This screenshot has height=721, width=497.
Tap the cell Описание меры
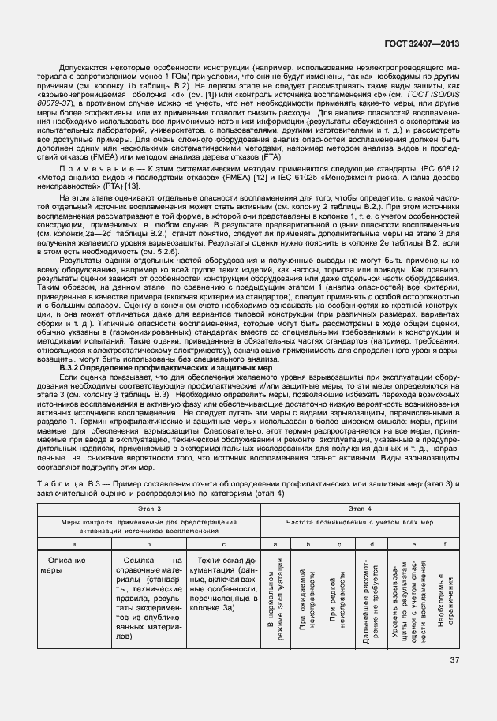point(63,564)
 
